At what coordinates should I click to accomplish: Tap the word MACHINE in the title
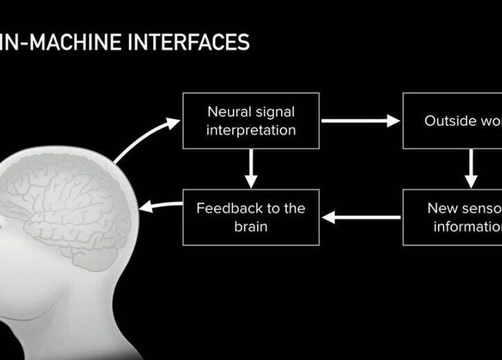(76, 43)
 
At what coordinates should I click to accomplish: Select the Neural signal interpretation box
(251, 120)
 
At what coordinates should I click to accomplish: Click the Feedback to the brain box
(251, 217)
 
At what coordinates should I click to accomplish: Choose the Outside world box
(452, 120)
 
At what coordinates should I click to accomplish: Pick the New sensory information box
(452, 217)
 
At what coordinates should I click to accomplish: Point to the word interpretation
(251, 130)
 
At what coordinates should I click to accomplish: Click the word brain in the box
(251, 227)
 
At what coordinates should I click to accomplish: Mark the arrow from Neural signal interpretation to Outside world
(360, 121)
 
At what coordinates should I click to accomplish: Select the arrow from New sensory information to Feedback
(360, 218)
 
